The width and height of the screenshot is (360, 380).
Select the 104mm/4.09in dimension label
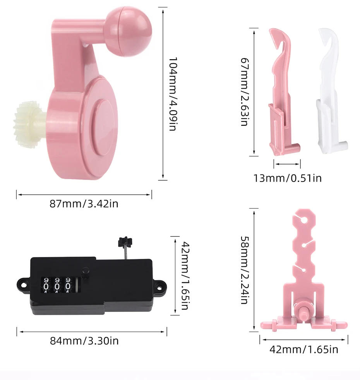coord(173,94)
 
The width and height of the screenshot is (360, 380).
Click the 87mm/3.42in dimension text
coord(84,204)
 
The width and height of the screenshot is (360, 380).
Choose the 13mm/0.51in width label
coord(288,178)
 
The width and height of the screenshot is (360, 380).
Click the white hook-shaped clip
coord(331,91)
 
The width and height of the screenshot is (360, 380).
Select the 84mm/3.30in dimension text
coord(84,341)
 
